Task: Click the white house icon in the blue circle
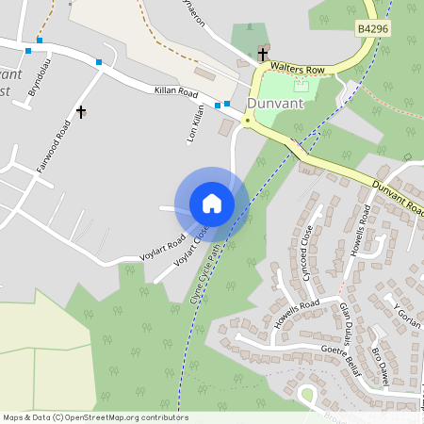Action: [x=211, y=204]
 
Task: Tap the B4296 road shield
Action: [x=373, y=30]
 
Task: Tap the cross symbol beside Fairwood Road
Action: [x=81, y=113]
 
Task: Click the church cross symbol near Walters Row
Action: [x=263, y=55]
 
